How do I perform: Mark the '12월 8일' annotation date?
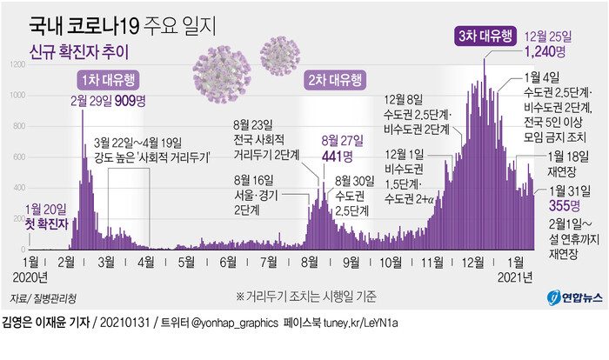click(x=404, y=98)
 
